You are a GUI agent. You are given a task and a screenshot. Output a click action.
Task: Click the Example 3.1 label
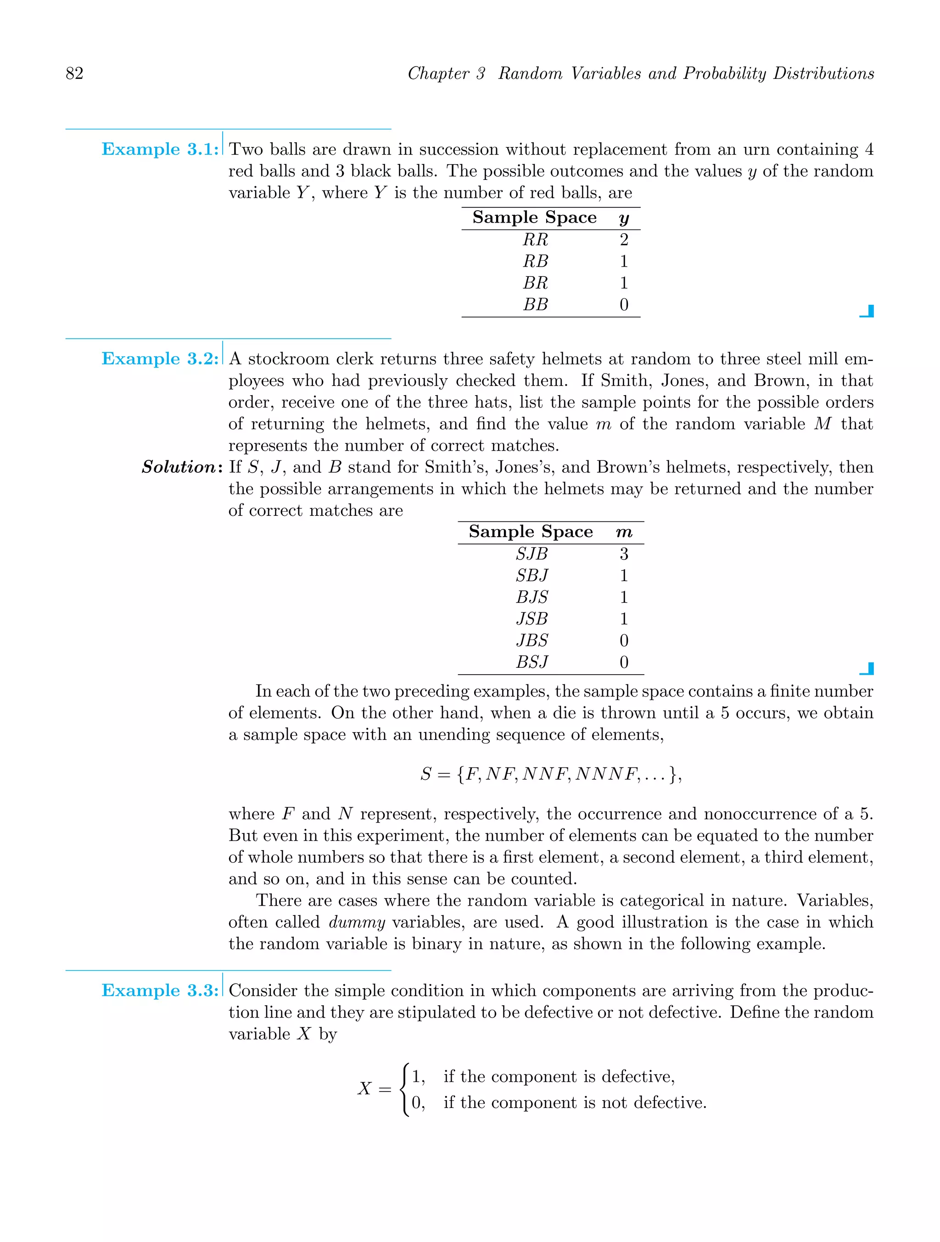coord(159,149)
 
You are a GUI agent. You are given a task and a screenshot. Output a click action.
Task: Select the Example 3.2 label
coord(159,359)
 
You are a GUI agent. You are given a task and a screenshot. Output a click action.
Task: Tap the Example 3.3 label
coord(159,990)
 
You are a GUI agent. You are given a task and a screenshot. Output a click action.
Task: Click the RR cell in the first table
coord(535,240)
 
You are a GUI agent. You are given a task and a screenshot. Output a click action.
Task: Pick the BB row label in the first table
coord(535,304)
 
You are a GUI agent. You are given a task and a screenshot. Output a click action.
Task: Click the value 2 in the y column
coord(623,240)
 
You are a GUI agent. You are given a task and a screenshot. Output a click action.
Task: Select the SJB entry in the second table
coord(531,554)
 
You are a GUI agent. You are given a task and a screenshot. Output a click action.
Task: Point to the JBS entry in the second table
coord(531,641)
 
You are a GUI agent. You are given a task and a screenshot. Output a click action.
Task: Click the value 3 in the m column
coord(623,554)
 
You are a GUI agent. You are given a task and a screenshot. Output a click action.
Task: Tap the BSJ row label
coord(531,663)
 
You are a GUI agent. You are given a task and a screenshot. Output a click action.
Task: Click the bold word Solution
coord(179,467)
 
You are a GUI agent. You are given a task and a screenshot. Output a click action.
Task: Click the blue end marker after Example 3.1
coord(867,311)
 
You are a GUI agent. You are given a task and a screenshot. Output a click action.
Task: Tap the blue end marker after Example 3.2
coord(867,669)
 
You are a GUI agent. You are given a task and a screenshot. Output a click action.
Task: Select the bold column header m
coord(623,532)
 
